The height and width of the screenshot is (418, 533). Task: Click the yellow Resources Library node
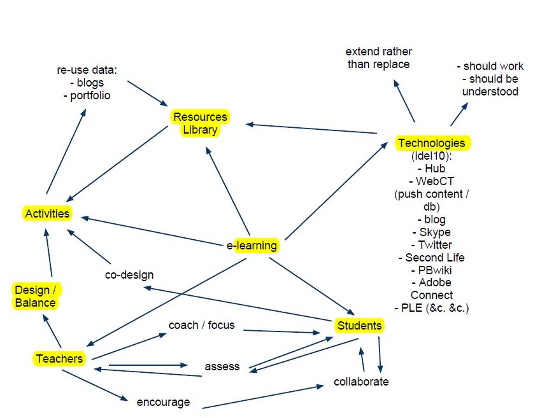(x=199, y=123)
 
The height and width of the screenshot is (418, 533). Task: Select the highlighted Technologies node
(x=432, y=143)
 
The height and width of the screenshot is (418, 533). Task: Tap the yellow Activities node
(x=47, y=213)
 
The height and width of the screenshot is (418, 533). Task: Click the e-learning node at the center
(x=253, y=245)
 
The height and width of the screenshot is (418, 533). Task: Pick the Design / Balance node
(x=36, y=296)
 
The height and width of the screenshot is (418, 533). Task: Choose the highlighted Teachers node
(x=59, y=359)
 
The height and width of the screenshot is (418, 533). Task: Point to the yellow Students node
(x=359, y=326)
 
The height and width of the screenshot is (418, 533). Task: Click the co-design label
(x=129, y=275)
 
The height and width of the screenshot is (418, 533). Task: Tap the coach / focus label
(x=201, y=325)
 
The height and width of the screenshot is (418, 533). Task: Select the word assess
(x=222, y=366)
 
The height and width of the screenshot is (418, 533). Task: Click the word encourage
(x=163, y=402)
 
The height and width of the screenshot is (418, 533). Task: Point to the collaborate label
(x=361, y=382)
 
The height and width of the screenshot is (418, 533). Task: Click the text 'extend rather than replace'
(x=379, y=58)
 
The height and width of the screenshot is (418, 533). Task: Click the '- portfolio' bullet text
(x=87, y=95)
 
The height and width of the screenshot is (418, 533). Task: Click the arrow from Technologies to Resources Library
(x=312, y=129)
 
